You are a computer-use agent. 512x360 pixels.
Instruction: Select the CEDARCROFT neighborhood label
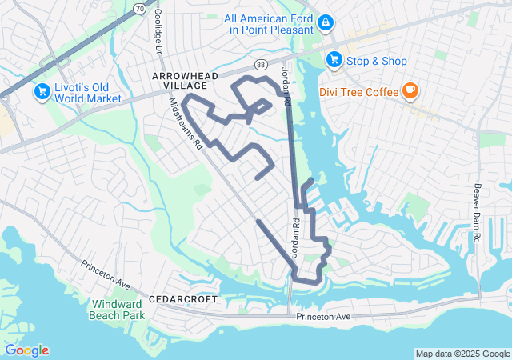[x=183, y=298]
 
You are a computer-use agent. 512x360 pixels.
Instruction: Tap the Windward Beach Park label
[x=118, y=310]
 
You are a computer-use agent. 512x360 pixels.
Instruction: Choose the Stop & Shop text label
[x=378, y=62]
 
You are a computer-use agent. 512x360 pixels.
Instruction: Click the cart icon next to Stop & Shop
[x=334, y=60]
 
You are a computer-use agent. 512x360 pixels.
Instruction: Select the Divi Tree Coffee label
[x=358, y=92]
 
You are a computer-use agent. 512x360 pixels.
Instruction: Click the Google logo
[x=26, y=350]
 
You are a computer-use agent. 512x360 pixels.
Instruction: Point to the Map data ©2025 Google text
[x=462, y=354]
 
